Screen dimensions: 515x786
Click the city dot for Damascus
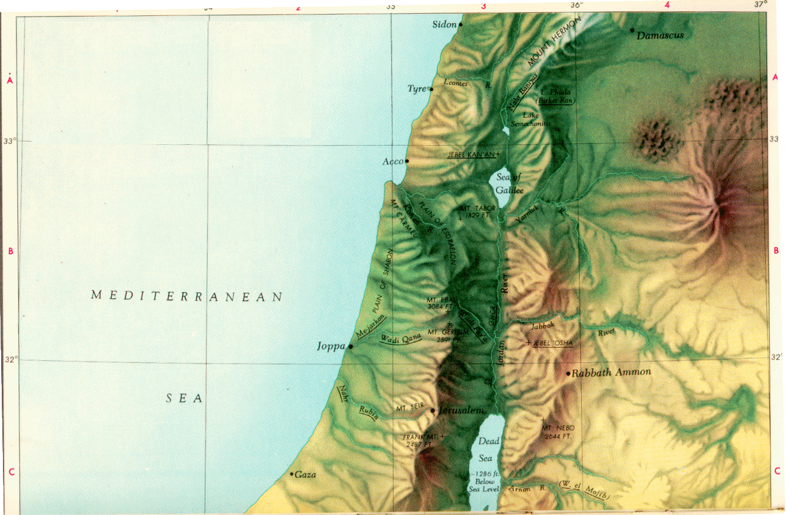[x=632, y=30]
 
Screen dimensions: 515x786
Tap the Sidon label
[x=444, y=25]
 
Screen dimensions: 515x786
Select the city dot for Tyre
[x=431, y=89]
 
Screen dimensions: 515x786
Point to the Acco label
[x=393, y=161]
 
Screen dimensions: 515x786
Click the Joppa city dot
[x=350, y=346]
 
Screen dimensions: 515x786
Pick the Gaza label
[x=306, y=475]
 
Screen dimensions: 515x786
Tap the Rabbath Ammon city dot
[x=568, y=374]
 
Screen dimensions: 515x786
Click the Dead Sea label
[x=489, y=449]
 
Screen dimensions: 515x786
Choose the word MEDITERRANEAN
[x=187, y=296]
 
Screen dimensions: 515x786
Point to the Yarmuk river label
[x=527, y=216]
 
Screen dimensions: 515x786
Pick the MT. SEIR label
[x=411, y=408]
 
